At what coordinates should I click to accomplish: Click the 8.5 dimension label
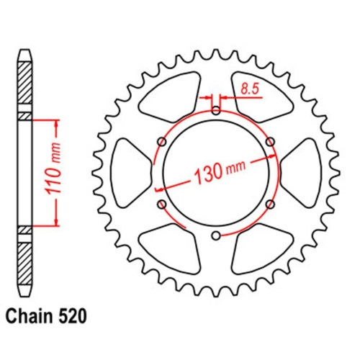(x=250, y=90)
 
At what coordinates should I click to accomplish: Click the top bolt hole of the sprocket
(x=216, y=110)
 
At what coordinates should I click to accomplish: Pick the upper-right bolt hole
(x=270, y=141)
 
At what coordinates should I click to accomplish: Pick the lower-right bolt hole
(x=270, y=204)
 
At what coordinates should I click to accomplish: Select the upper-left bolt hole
(x=162, y=141)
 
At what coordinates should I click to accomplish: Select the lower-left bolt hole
(x=162, y=205)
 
